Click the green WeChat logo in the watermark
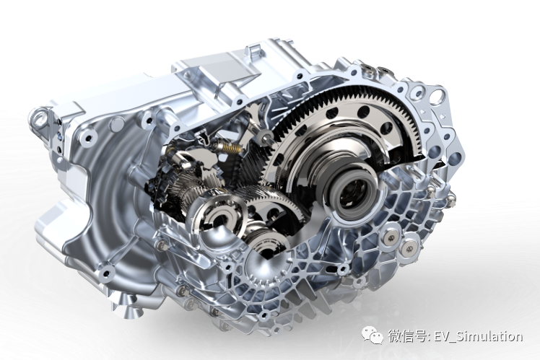[x=372, y=335]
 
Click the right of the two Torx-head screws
[x=409, y=247]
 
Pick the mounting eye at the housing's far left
[x=40, y=115]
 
